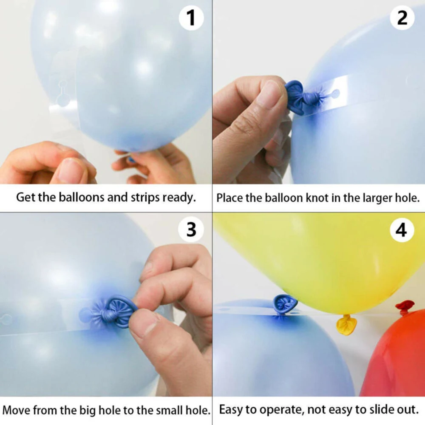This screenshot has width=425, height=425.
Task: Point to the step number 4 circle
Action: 402,230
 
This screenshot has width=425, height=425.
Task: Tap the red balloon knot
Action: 404,306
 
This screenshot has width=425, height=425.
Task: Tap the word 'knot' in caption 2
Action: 314,198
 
